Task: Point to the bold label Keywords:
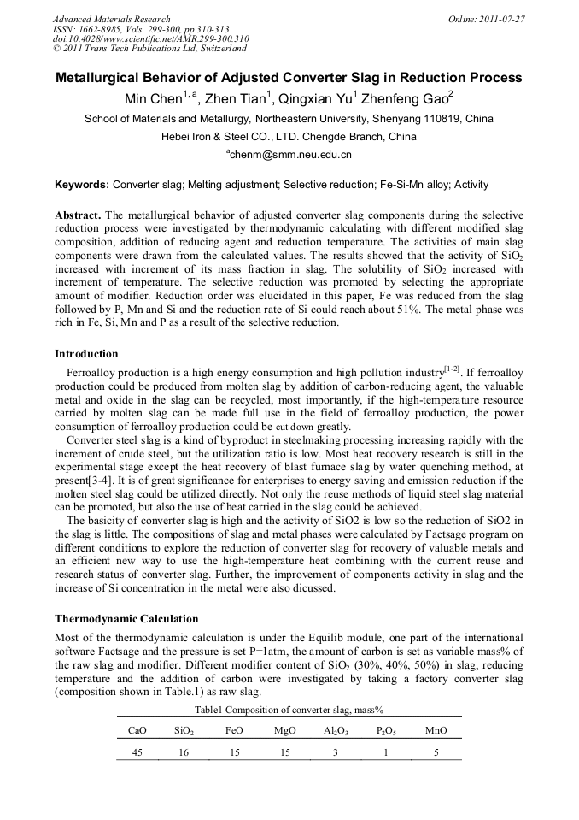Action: tap(82, 184)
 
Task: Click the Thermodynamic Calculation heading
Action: tap(126, 618)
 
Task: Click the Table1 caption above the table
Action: tap(289, 710)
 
